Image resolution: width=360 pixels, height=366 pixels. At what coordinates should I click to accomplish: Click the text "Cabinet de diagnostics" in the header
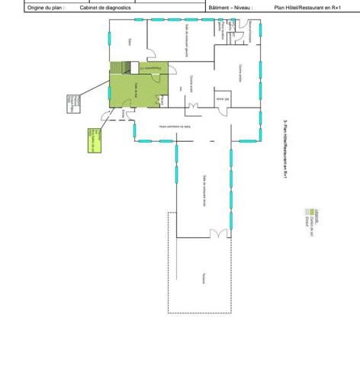click(x=105, y=8)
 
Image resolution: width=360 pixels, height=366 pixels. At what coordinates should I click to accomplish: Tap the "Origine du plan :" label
click(x=46, y=8)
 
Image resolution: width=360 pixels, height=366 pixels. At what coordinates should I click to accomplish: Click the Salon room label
click(x=130, y=41)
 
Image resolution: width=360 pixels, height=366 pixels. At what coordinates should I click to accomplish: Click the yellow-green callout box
click(x=93, y=143)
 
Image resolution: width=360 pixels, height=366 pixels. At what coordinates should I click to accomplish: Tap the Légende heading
click(x=307, y=214)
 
